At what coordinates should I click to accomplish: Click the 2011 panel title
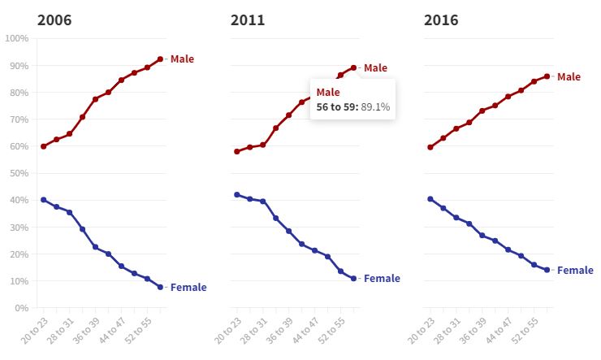[248, 19]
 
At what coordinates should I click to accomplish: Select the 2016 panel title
[441, 19]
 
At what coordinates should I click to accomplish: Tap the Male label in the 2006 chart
[183, 59]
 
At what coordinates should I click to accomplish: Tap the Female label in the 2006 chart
[188, 287]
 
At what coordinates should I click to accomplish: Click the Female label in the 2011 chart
[382, 279]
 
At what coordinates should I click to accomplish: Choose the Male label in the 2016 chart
[569, 76]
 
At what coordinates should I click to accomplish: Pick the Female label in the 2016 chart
[574, 270]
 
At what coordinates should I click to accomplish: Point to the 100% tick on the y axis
[17, 38]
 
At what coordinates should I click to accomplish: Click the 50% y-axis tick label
[19, 173]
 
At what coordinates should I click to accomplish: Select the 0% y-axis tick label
[21, 308]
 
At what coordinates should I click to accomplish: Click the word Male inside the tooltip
[328, 92]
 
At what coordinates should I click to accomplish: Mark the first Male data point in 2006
[43, 146]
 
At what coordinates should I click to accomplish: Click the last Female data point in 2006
[160, 287]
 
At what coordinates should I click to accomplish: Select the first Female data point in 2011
[236, 195]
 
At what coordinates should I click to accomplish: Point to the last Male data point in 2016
[547, 76]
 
